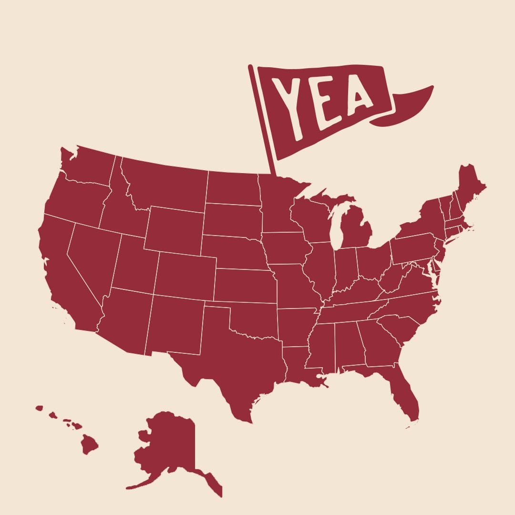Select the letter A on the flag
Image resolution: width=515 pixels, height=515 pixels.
pos(360,98)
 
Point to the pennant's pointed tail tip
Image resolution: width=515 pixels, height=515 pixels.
pos(432,87)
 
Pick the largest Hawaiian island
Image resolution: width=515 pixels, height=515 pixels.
pos(89,444)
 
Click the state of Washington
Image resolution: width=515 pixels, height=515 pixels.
pos(88,165)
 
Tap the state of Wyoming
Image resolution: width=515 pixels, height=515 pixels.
pos(174,229)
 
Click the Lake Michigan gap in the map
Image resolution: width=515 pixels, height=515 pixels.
pos(337,224)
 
